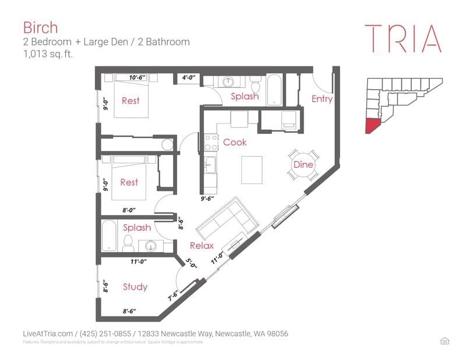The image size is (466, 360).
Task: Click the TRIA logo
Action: [403, 38]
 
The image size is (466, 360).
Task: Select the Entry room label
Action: [322, 99]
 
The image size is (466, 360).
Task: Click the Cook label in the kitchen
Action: [235, 142]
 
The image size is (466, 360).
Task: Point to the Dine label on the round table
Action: [303, 165]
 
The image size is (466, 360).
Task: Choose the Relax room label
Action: [202, 246]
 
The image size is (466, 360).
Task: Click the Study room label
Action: [135, 287]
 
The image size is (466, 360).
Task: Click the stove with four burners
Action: [210, 143]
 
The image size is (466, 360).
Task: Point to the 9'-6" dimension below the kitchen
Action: [209, 199]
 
